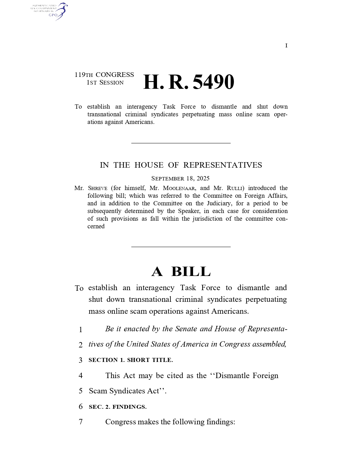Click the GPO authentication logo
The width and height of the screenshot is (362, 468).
(49, 11)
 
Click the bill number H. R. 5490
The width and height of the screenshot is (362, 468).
(189, 82)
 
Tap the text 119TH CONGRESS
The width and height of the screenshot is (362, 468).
(104, 75)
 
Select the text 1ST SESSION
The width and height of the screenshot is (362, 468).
(105, 83)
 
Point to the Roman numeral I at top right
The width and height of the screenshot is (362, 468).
(286, 46)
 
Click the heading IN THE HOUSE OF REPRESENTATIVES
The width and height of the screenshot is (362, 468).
(181, 165)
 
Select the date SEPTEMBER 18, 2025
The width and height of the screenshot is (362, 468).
(180, 178)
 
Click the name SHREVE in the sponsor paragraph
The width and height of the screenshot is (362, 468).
(98, 188)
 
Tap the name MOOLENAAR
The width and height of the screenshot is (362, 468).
(179, 188)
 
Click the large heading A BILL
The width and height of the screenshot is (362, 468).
(181, 271)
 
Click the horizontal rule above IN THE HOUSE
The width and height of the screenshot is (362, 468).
(181, 143)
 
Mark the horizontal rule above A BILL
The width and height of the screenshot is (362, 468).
(181, 247)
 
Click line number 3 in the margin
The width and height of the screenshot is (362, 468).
(81, 360)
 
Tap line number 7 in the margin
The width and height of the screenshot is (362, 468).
(81, 422)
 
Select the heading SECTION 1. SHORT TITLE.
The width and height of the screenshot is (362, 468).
(131, 360)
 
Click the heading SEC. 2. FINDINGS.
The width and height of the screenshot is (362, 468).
(118, 407)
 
